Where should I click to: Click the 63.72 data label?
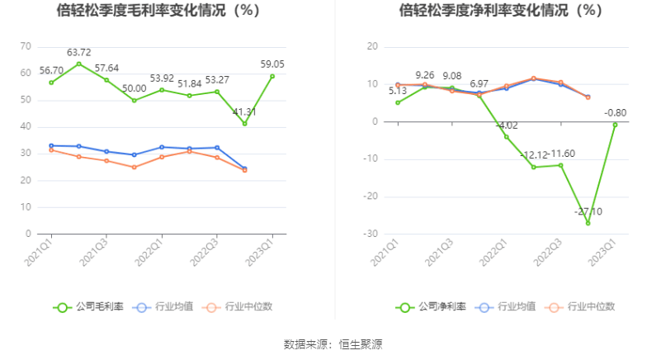coord(79,52)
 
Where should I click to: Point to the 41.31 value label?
coord(244,111)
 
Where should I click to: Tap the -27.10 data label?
coord(588,211)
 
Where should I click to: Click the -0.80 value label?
coord(615,113)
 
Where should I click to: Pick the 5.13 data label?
coord(398,91)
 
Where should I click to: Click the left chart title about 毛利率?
coord(158,11)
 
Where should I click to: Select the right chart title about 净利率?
coord(501,11)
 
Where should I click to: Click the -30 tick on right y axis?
coord(371,234)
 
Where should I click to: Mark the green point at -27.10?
coord(588,223)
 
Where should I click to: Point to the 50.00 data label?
coord(134,88)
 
